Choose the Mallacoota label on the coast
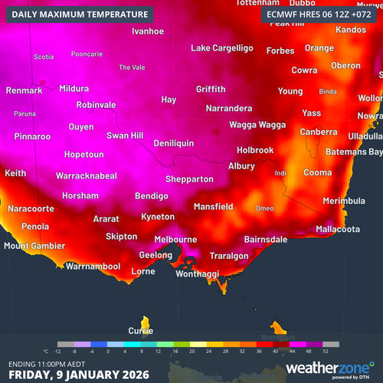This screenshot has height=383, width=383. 338,229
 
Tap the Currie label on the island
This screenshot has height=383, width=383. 140,331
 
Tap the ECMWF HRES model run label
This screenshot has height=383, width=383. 319,15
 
